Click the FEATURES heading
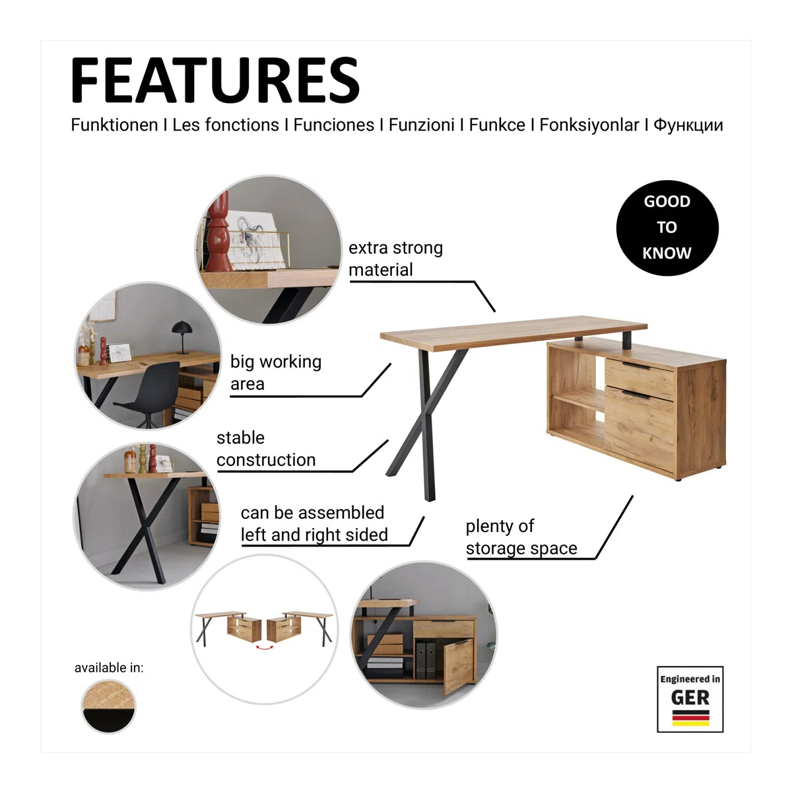click(215, 80)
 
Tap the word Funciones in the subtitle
click(334, 125)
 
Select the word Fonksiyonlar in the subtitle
click(589, 125)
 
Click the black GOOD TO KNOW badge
click(667, 228)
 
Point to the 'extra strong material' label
click(395, 259)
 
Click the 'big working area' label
click(276, 372)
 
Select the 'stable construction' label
click(266, 449)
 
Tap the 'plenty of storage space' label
click(521, 537)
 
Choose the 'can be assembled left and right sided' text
click(314, 523)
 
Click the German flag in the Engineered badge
click(690, 718)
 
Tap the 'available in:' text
click(109, 668)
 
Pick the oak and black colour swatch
click(108, 706)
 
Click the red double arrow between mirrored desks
click(265, 647)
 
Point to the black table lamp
click(181, 337)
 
